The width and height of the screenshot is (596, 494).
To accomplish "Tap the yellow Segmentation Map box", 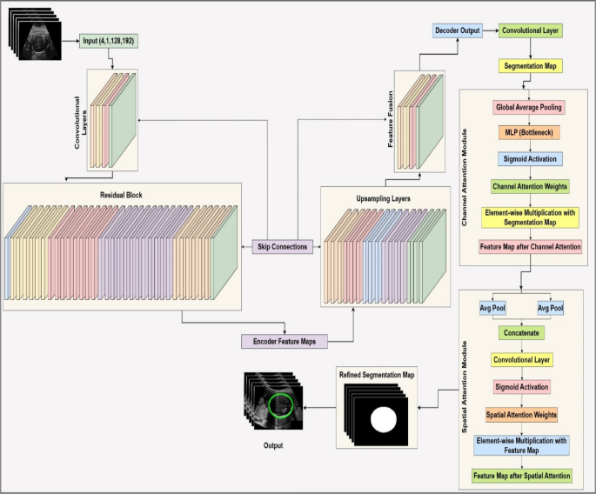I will [x=529, y=66].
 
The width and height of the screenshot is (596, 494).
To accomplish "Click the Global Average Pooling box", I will [x=529, y=108].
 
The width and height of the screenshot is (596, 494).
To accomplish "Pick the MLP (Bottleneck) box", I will [x=529, y=133].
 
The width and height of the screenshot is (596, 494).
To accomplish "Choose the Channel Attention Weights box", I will [x=529, y=186].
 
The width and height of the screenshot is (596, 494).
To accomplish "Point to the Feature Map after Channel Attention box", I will [x=529, y=246].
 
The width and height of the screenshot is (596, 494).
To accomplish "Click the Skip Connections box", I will [x=283, y=247].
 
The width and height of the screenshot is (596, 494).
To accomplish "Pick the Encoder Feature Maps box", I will [x=285, y=341].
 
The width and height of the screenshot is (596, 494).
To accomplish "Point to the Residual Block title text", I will [x=122, y=197].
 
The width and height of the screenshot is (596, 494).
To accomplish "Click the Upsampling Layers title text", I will [x=384, y=198].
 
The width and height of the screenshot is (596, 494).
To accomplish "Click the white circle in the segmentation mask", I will [x=384, y=420].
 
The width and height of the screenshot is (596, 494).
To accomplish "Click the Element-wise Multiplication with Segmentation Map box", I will [x=529, y=216].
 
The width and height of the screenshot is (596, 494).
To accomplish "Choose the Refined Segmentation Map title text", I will [x=377, y=373].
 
